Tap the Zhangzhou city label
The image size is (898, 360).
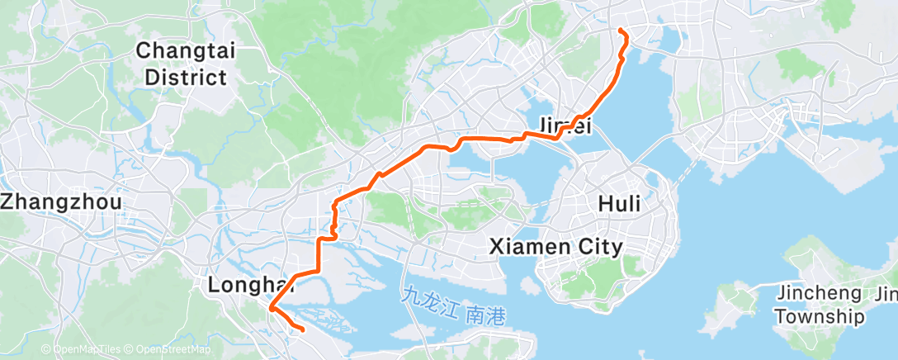click(62, 201)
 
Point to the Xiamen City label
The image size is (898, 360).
click(556, 246)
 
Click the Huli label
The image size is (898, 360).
click(619, 203)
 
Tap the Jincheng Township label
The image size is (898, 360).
click(820, 304)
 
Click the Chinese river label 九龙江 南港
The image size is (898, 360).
click(453, 315)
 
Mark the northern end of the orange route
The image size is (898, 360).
click(620, 31)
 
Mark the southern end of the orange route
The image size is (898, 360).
click(303, 330)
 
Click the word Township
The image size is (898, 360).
click(820, 316)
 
